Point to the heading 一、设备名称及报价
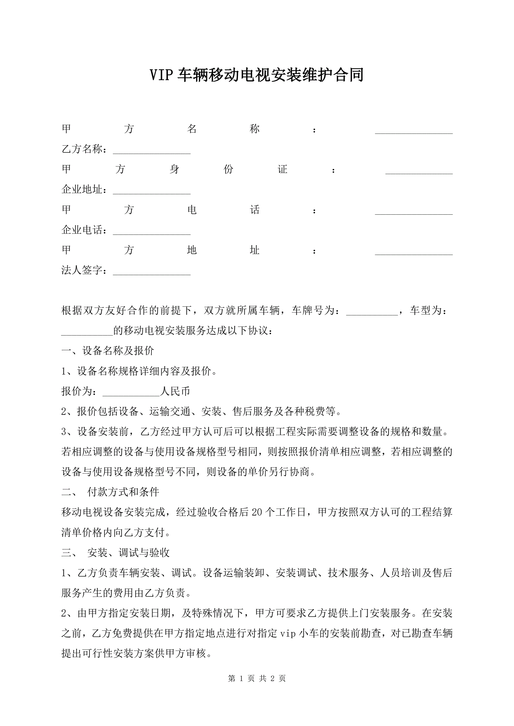coord(108,351)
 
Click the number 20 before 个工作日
coord(257,512)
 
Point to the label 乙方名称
coord(82,149)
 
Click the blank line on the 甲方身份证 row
coord(419,171)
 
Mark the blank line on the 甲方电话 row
coord(414,211)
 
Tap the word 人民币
coord(175,391)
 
